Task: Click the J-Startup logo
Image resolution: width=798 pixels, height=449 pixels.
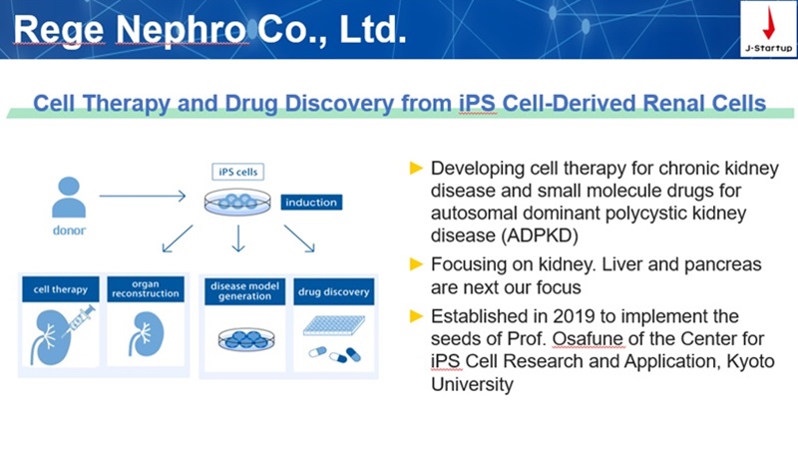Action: (768, 29)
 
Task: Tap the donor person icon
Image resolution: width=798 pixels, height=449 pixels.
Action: (69, 197)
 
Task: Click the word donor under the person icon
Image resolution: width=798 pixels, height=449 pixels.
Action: (69, 230)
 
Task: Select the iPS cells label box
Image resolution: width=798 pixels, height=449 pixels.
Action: (237, 172)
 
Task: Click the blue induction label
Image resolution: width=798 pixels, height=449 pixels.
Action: (311, 203)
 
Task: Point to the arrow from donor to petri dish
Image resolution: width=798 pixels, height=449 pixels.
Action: (143, 196)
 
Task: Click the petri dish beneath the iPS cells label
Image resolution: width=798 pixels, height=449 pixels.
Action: (237, 202)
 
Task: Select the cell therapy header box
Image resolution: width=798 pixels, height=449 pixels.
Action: (61, 289)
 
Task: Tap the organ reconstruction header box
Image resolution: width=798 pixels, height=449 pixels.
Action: (146, 288)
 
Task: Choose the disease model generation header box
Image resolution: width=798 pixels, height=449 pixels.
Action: (244, 291)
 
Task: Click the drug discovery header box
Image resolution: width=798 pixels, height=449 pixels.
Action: (334, 291)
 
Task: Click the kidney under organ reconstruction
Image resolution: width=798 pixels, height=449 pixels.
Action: (146, 334)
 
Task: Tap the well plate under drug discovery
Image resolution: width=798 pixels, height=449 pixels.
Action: (334, 325)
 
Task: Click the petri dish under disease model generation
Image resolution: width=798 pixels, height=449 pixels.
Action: (246, 339)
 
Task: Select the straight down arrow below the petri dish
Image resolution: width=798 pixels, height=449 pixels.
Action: (238, 238)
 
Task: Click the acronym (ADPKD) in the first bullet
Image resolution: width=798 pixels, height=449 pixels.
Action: (540, 235)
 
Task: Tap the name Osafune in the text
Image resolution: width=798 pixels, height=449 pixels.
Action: (588, 338)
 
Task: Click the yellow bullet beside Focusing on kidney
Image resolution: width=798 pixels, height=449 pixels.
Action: (416, 264)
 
